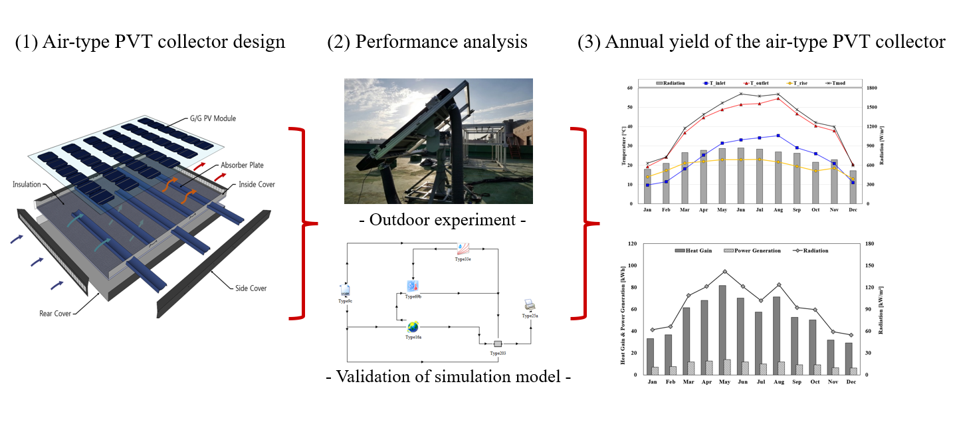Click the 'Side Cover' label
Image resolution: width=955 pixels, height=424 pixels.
[x=251, y=288]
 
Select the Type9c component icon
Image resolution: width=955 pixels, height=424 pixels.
[x=345, y=290]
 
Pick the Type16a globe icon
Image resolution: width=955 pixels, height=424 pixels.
[x=413, y=327]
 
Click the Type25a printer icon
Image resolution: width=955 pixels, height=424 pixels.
[x=529, y=306]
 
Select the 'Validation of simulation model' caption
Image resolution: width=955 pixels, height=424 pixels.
[x=449, y=377]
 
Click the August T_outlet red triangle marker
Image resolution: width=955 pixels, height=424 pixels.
[x=778, y=98]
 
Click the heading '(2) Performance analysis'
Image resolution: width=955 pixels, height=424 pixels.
[x=427, y=43]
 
